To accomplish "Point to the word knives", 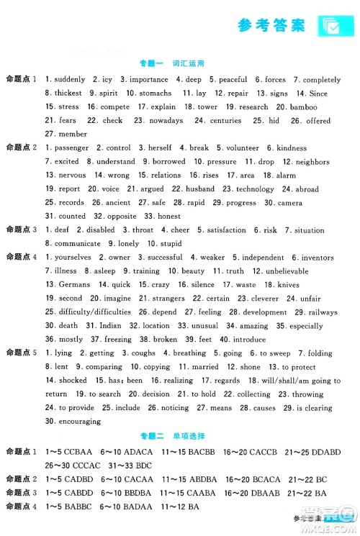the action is [x=308, y=285].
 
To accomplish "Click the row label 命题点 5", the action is [x=21, y=353].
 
